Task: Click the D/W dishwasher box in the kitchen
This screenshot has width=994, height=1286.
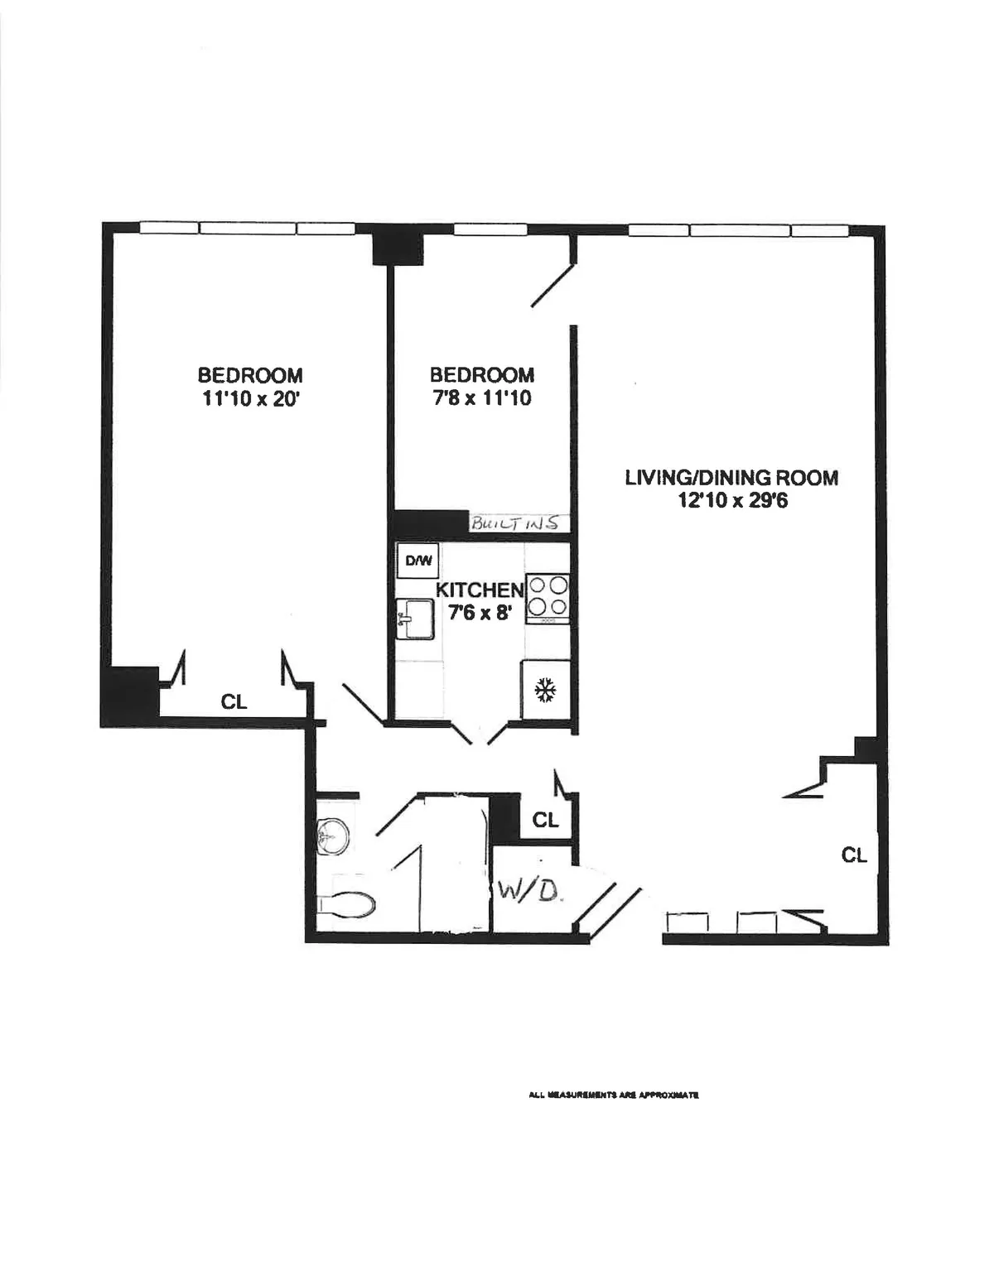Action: coord(418,561)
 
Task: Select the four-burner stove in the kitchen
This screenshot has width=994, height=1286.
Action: coord(548,597)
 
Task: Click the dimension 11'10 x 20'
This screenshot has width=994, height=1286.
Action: coord(249,398)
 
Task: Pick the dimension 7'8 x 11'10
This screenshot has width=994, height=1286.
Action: coord(481,398)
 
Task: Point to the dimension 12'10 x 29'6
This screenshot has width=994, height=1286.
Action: coord(731,500)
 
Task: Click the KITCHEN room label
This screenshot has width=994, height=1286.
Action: coord(480,590)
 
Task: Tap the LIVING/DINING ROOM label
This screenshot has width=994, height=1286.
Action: coord(731,478)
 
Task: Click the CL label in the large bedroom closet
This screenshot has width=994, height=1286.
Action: coord(234,701)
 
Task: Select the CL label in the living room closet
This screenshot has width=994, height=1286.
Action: coord(854,855)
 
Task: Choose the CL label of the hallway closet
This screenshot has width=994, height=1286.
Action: coord(545,820)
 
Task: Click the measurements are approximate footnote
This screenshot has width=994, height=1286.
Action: coord(614,1095)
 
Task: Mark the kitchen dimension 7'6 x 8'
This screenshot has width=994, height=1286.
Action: coord(480,614)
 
